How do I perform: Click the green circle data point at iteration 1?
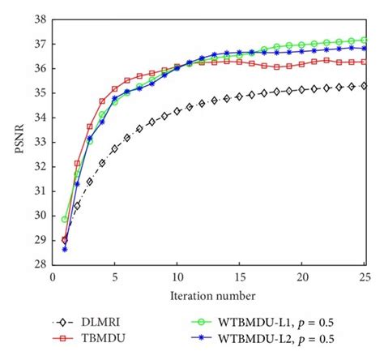tap(65, 219)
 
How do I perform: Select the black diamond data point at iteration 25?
tap(365, 85)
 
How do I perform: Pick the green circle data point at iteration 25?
tap(365, 40)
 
